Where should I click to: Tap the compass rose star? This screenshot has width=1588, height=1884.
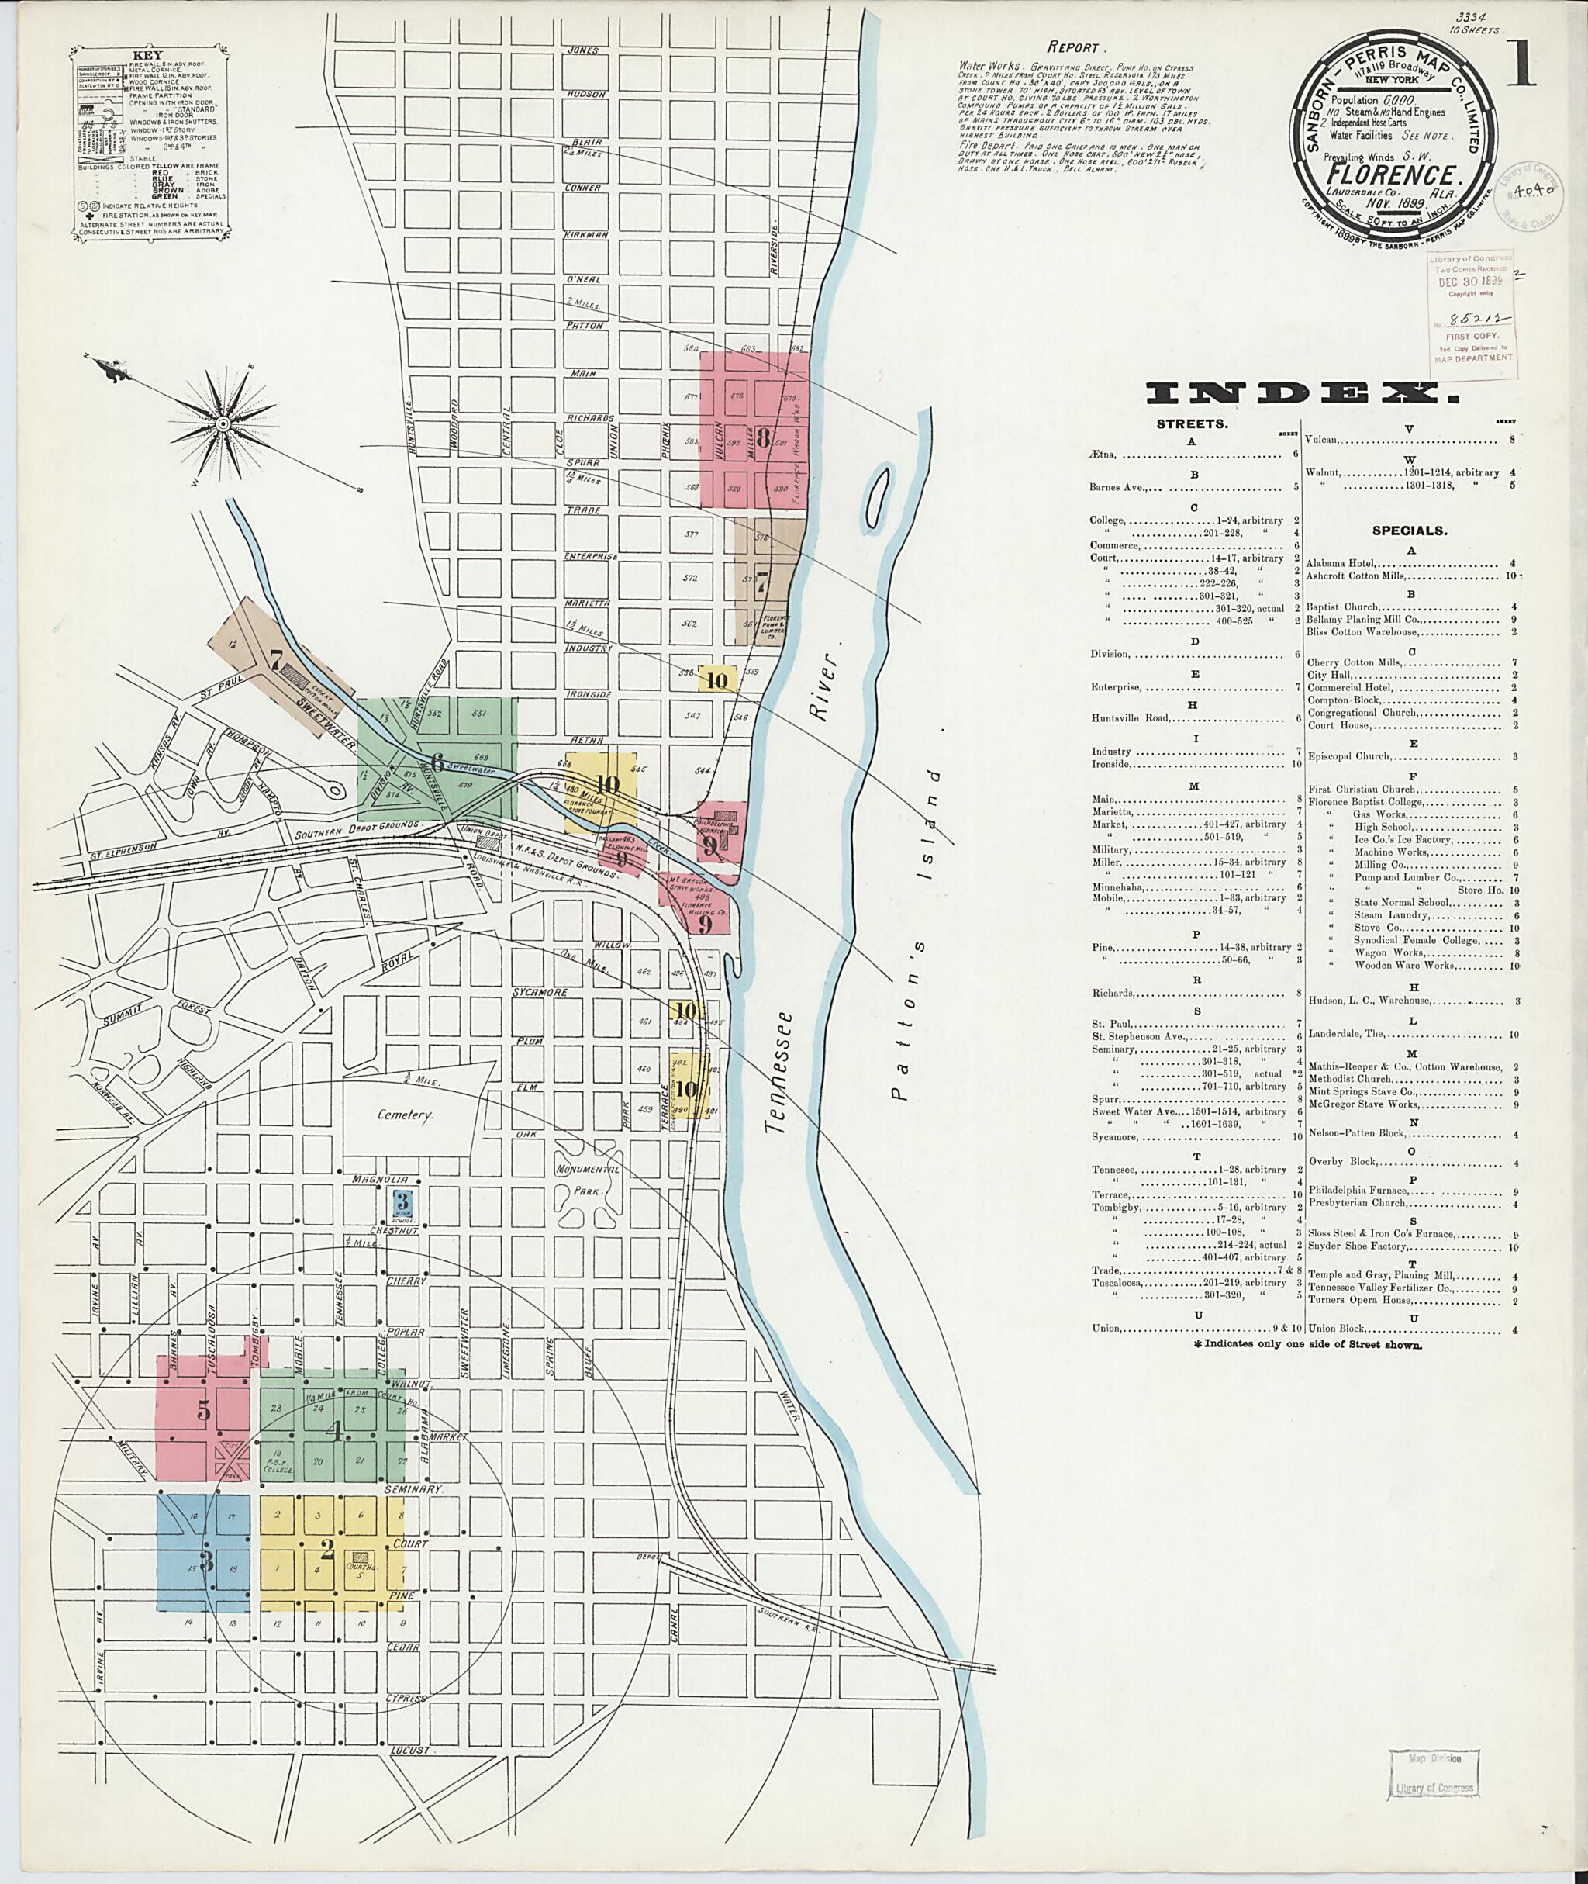(x=220, y=423)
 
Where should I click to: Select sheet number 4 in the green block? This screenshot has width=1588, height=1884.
(x=337, y=1432)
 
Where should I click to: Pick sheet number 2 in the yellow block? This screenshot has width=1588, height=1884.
(x=326, y=1549)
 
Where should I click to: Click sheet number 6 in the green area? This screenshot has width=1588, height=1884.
(x=437, y=762)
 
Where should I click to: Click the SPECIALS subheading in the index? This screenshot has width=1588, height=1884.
(x=1409, y=531)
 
